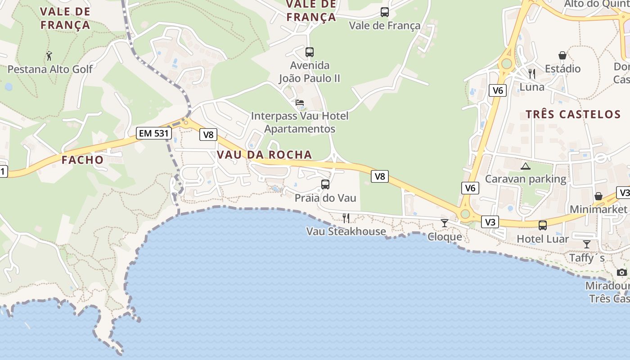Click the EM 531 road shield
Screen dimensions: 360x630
pos(154,133)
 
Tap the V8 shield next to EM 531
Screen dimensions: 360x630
pos(208,134)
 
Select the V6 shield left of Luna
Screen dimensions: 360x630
pos(498,90)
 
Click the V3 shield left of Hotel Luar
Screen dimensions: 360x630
pos(490,222)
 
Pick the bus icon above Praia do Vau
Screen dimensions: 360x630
pos(325,184)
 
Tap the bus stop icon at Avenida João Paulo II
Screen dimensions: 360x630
pos(310,52)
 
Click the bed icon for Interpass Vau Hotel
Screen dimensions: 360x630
pos(300,103)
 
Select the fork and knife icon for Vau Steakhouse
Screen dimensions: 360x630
pos(346,218)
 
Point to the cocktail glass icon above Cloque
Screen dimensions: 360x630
pos(445,223)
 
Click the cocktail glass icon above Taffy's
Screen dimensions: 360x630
pos(587,244)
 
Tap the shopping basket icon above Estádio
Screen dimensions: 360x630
pos(562,55)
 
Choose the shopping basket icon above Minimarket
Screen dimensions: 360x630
pos(598,196)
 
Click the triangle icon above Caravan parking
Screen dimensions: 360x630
pos(525,166)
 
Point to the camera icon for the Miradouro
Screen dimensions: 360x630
pos(622,272)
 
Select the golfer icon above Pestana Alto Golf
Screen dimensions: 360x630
pos(49,56)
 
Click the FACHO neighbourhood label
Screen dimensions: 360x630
pos(83,160)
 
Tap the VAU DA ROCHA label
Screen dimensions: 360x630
pos(264,155)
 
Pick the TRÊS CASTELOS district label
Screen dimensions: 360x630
pos(573,114)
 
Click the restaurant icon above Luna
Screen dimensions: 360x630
pos(532,73)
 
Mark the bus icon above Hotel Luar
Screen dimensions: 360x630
pos(543,225)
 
